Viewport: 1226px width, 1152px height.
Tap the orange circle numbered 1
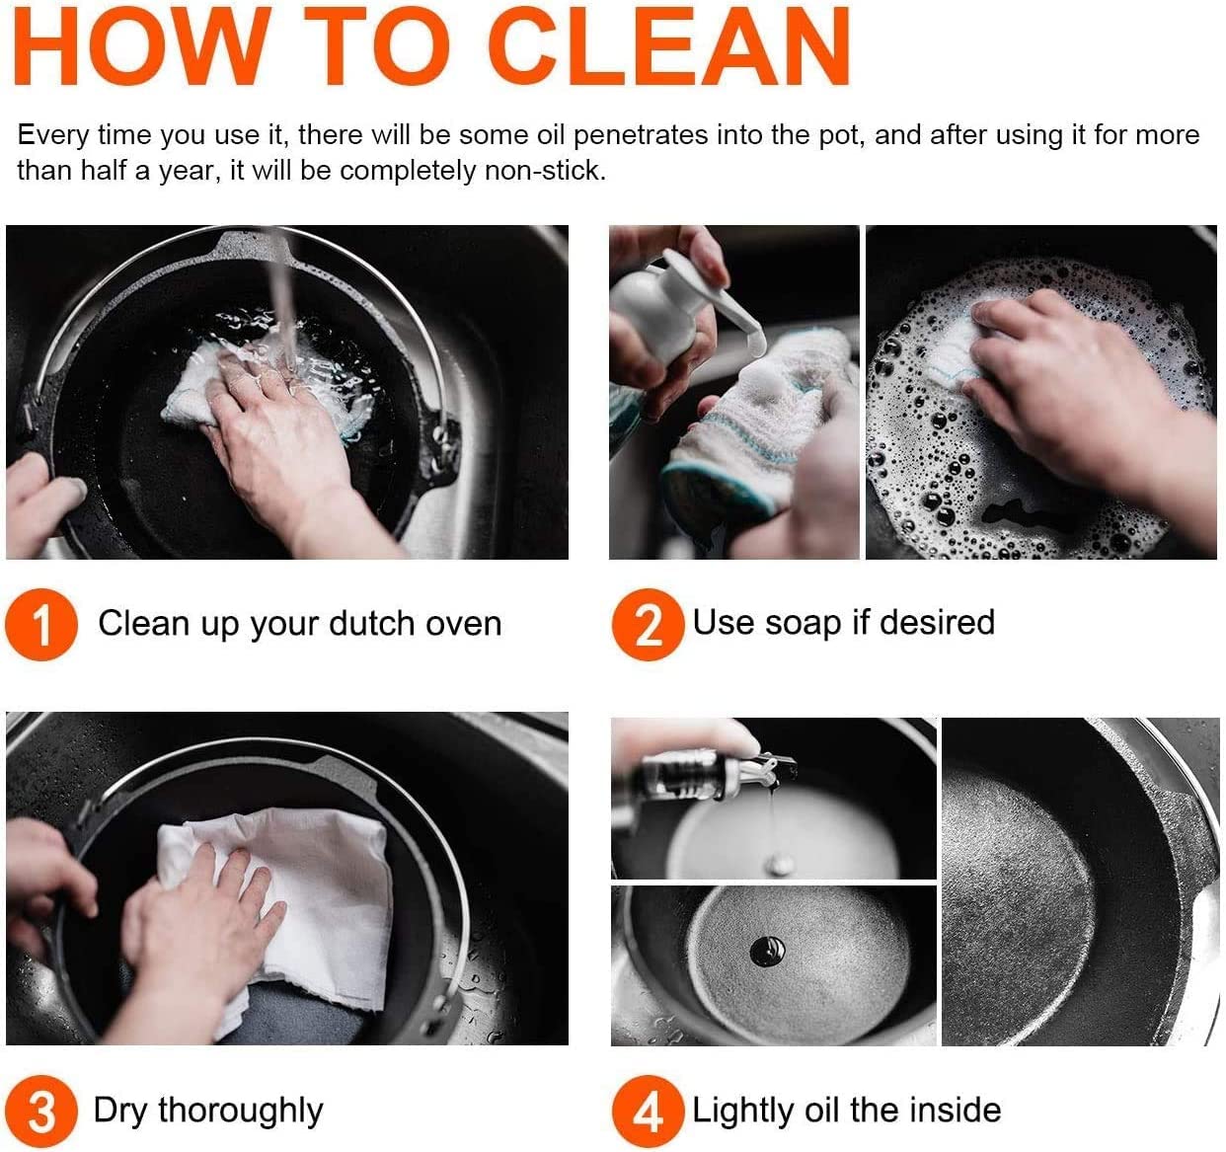click(41, 624)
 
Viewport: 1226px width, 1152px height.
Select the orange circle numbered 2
click(649, 624)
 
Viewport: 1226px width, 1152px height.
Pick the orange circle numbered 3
click(41, 1112)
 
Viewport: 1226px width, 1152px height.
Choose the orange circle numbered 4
click(649, 1112)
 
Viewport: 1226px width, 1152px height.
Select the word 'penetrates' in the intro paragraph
click(641, 135)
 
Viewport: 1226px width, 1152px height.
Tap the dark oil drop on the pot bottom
click(767, 952)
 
